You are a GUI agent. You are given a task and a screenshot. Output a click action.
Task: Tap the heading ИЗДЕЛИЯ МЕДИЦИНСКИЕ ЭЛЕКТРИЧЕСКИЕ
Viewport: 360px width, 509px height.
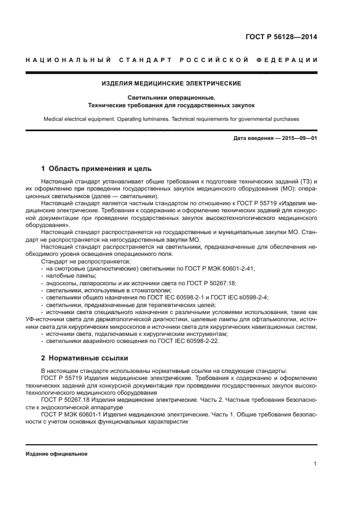point(172,83)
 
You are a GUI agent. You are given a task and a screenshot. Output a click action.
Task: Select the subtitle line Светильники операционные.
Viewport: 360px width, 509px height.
point(172,97)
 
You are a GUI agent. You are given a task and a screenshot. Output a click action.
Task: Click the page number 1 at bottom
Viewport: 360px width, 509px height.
point(315,464)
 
